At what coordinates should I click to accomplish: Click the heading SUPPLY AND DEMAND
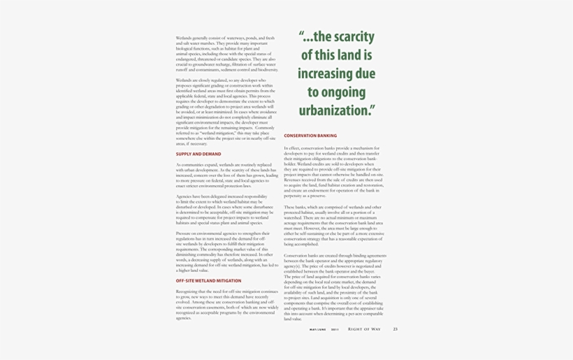coord(198,154)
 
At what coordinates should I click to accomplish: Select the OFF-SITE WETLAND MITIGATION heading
coord(208,280)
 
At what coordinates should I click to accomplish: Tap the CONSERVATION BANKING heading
coord(310,136)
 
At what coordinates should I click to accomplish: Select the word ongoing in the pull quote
coord(346,92)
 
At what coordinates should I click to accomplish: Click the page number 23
coord(395,329)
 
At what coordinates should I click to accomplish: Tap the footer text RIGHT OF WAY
coord(364,329)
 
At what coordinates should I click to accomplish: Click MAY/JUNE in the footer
coord(318,329)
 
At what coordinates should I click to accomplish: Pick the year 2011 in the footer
coord(335,329)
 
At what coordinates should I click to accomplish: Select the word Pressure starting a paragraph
coord(184,233)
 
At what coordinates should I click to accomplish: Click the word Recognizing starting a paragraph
coord(187,291)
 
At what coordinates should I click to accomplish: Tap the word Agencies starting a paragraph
coord(184,196)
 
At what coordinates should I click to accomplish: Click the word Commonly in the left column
coord(265,128)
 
